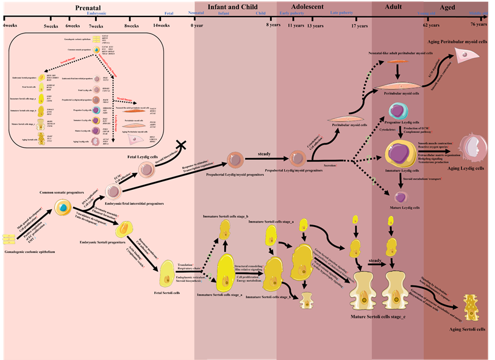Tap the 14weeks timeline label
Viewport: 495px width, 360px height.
tap(162, 26)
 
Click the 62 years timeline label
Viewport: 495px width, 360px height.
tap(430, 26)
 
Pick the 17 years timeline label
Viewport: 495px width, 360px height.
tap(360, 26)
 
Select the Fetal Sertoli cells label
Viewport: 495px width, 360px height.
tap(167, 292)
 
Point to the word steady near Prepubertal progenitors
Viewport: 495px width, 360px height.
tap(264, 154)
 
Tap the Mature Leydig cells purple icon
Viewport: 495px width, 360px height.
tap(401, 197)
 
